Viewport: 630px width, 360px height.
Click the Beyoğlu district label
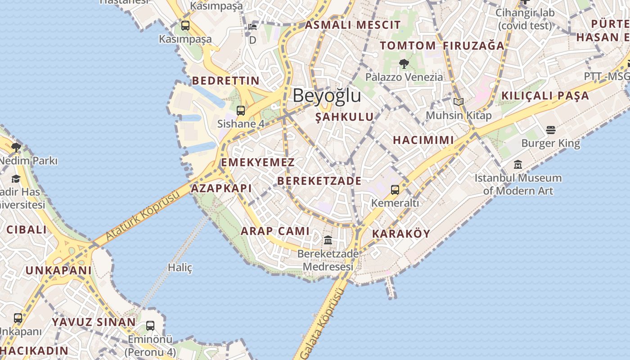pyautogui.click(x=327, y=95)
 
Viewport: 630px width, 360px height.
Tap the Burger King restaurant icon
pyautogui.click(x=551, y=130)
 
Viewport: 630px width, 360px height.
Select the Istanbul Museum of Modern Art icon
pyautogui.click(x=518, y=165)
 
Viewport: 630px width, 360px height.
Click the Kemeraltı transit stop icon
pyautogui.click(x=395, y=190)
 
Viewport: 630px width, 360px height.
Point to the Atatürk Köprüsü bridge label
pyautogui.click(x=143, y=216)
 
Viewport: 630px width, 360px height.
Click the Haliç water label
pyautogui.click(x=180, y=268)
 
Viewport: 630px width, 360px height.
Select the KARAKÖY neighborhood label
pyautogui.click(x=401, y=234)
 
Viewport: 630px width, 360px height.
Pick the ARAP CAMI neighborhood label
pyautogui.click(x=275, y=231)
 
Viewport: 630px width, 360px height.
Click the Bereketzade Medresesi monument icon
pyautogui.click(x=328, y=240)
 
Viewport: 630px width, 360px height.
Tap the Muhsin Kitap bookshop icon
pyautogui.click(x=459, y=102)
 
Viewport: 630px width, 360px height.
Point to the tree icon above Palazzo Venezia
pyautogui.click(x=404, y=64)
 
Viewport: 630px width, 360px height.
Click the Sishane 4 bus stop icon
pyautogui.click(x=241, y=110)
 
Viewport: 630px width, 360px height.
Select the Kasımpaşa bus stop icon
pyautogui.click(x=185, y=26)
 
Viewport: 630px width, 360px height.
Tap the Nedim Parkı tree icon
pyautogui.click(x=16, y=147)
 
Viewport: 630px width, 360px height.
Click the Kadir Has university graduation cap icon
pyautogui.click(x=16, y=179)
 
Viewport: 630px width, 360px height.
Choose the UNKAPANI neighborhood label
pyautogui.click(x=58, y=270)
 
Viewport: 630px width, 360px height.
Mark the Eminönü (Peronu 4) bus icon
pyautogui.click(x=150, y=326)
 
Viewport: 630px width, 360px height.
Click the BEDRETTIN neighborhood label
pyautogui.click(x=225, y=81)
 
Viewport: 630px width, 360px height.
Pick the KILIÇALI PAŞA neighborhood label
pyautogui.click(x=545, y=95)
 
